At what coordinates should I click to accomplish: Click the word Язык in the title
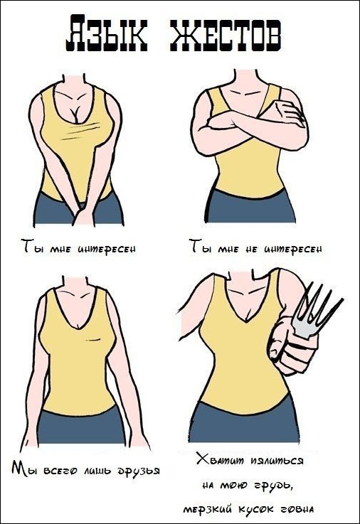click(107, 33)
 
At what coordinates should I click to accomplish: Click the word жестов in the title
click(226, 33)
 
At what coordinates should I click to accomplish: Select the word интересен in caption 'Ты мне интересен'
click(107, 249)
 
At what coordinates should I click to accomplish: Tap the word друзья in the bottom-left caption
click(139, 471)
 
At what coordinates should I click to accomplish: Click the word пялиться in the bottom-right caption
click(277, 461)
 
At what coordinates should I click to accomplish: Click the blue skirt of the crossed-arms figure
click(250, 208)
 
